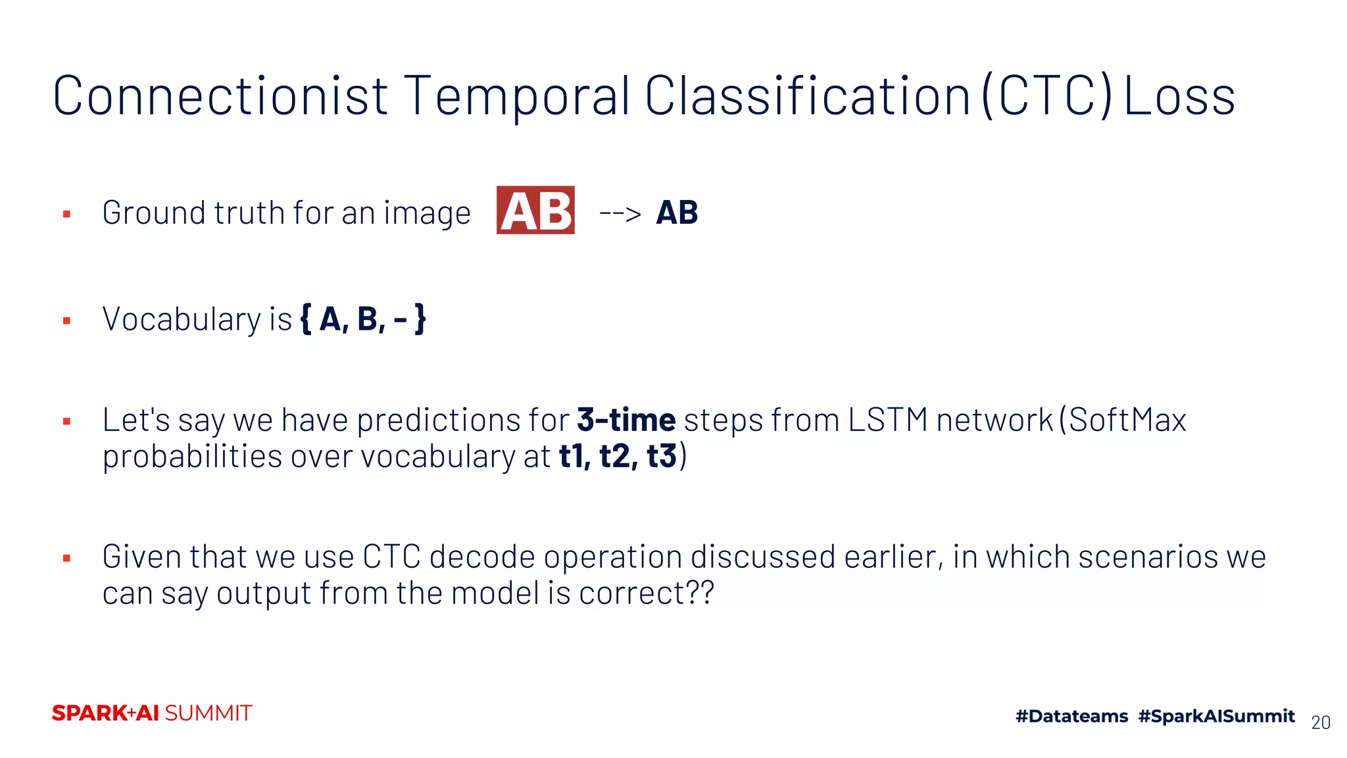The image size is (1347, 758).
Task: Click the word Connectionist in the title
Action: (x=220, y=96)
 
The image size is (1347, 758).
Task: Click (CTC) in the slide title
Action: (x=1047, y=96)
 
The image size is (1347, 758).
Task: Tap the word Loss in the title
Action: (x=1179, y=96)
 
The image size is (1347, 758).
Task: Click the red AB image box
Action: (x=535, y=211)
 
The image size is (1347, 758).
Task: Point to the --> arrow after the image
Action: (x=620, y=214)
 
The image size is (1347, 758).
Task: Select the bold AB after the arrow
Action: (x=677, y=213)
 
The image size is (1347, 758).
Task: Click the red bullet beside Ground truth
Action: (x=66, y=214)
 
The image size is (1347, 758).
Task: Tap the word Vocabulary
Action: (x=182, y=320)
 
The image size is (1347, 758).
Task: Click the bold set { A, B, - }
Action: (x=363, y=319)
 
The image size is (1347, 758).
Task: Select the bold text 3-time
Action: (x=625, y=420)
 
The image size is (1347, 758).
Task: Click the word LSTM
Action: (x=887, y=420)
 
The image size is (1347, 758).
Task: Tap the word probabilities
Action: (x=193, y=457)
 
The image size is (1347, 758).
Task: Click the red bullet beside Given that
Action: (x=66, y=559)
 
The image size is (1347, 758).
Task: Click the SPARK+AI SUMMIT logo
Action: (x=152, y=713)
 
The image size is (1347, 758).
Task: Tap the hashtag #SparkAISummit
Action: (x=1216, y=716)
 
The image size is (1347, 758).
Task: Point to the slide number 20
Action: (x=1320, y=722)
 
